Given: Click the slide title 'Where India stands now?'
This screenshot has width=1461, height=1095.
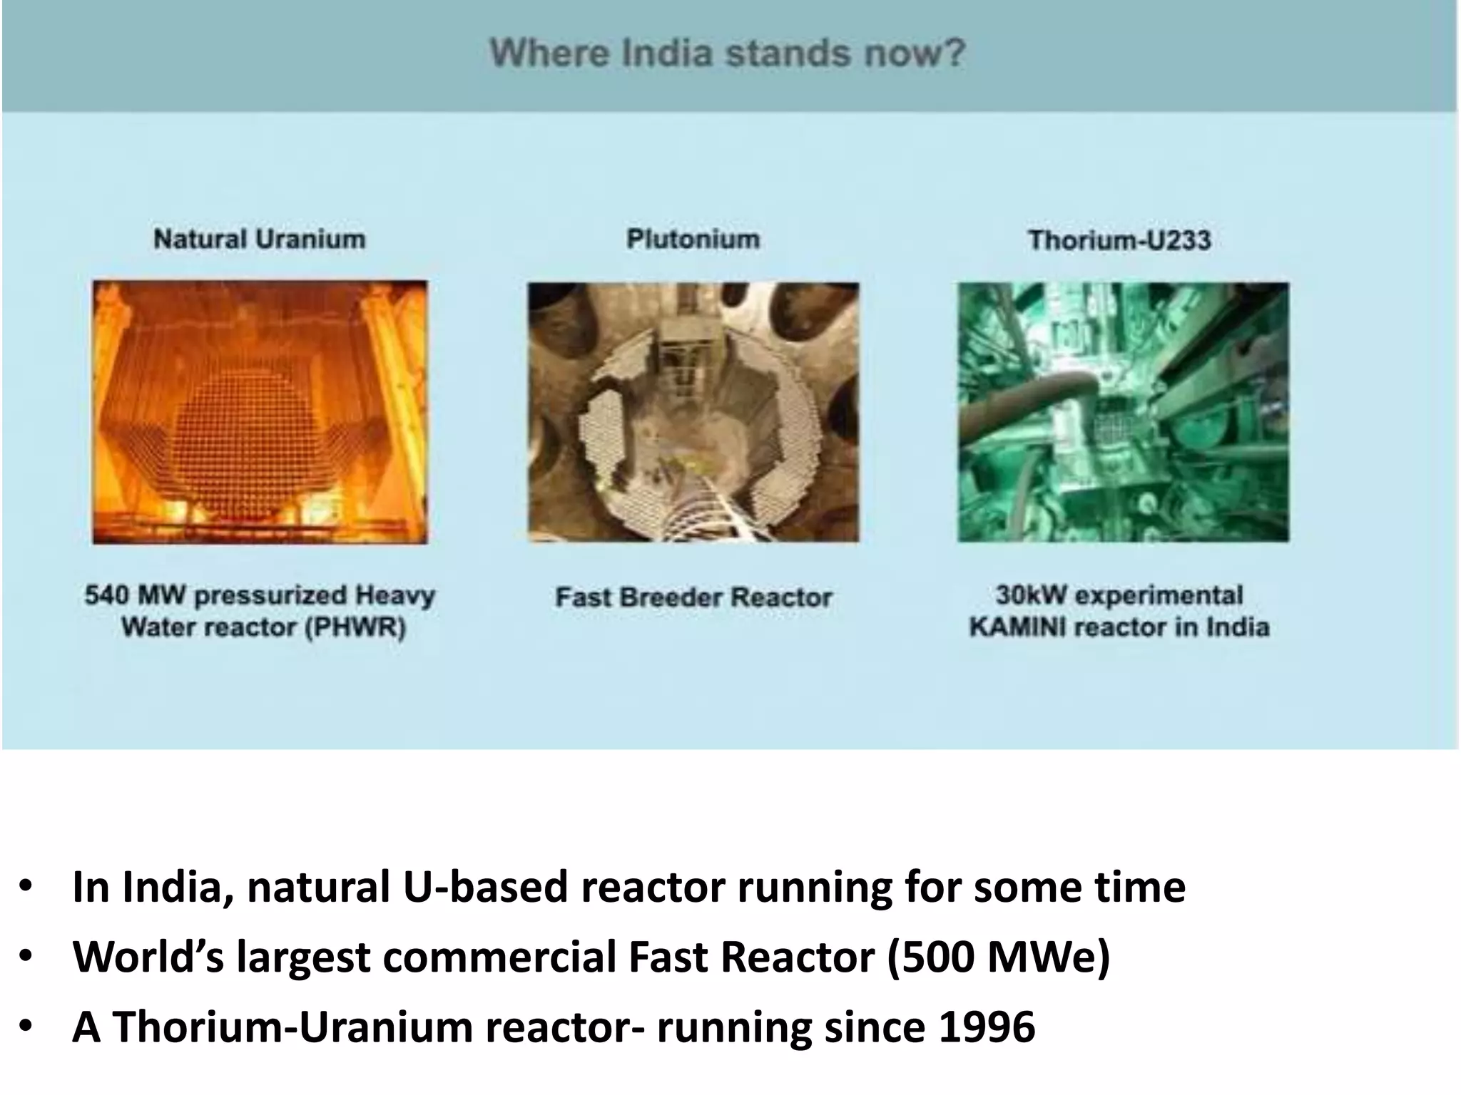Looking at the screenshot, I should tap(727, 53).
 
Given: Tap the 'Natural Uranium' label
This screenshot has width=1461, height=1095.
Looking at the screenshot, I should tap(259, 239).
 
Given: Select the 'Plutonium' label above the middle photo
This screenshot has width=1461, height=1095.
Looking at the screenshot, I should tap(693, 239).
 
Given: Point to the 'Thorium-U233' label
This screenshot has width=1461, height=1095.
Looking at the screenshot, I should tap(1119, 240).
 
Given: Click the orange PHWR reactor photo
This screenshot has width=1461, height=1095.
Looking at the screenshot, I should tap(260, 412).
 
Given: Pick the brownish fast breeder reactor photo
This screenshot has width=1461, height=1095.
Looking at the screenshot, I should tap(693, 412).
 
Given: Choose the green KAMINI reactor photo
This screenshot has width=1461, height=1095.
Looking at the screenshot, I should tap(1123, 412).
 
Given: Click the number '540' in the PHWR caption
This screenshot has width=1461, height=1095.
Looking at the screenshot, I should tap(106, 595).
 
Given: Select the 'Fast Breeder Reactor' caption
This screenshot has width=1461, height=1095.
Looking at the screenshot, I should tap(693, 597).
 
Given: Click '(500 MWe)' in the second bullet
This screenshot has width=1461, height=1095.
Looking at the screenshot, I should tap(999, 957).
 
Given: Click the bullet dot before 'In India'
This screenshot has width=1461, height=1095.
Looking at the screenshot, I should tap(26, 887).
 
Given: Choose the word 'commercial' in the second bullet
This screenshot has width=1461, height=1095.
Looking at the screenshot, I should tap(499, 957).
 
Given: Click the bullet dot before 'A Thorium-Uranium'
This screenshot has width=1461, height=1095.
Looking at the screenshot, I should tap(26, 1027).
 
